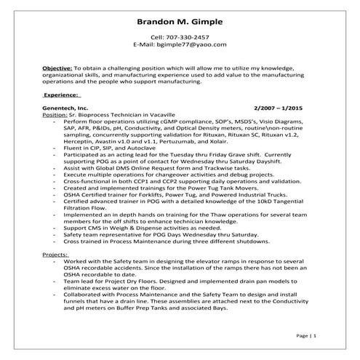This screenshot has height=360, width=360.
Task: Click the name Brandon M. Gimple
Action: (180, 21)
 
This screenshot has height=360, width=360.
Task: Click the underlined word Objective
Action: (56, 66)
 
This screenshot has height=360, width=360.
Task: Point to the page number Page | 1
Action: (306, 336)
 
